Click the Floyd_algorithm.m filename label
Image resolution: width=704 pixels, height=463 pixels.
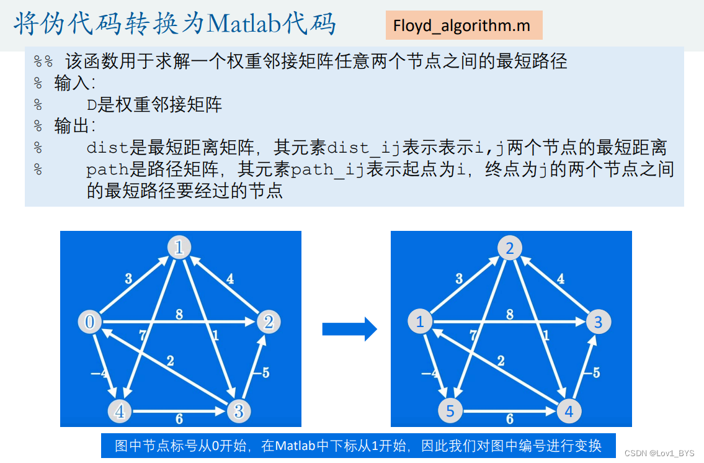click(x=463, y=26)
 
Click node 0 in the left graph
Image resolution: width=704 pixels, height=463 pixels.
click(x=90, y=322)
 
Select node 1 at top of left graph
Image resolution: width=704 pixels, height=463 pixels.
click(x=179, y=248)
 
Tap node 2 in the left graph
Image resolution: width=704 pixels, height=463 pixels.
click(x=269, y=322)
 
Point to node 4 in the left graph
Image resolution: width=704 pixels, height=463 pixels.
click(x=120, y=410)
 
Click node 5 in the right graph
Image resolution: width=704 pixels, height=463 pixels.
click(x=451, y=410)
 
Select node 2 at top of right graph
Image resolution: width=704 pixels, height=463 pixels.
click(x=510, y=248)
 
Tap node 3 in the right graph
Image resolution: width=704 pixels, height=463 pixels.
click(x=599, y=322)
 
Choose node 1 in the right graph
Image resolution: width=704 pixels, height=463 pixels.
click(x=421, y=322)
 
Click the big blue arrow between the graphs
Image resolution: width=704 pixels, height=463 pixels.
click(x=350, y=329)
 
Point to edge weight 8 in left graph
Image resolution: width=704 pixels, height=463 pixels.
click(x=179, y=314)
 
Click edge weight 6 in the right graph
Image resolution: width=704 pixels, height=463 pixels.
click(x=510, y=419)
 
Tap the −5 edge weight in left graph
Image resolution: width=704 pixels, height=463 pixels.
click(x=262, y=372)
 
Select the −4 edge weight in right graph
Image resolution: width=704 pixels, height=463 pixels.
click(x=429, y=373)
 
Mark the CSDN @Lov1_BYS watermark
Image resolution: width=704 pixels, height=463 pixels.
click(x=659, y=454)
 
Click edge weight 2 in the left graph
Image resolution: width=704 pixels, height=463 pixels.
click(x=170, y=361)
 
